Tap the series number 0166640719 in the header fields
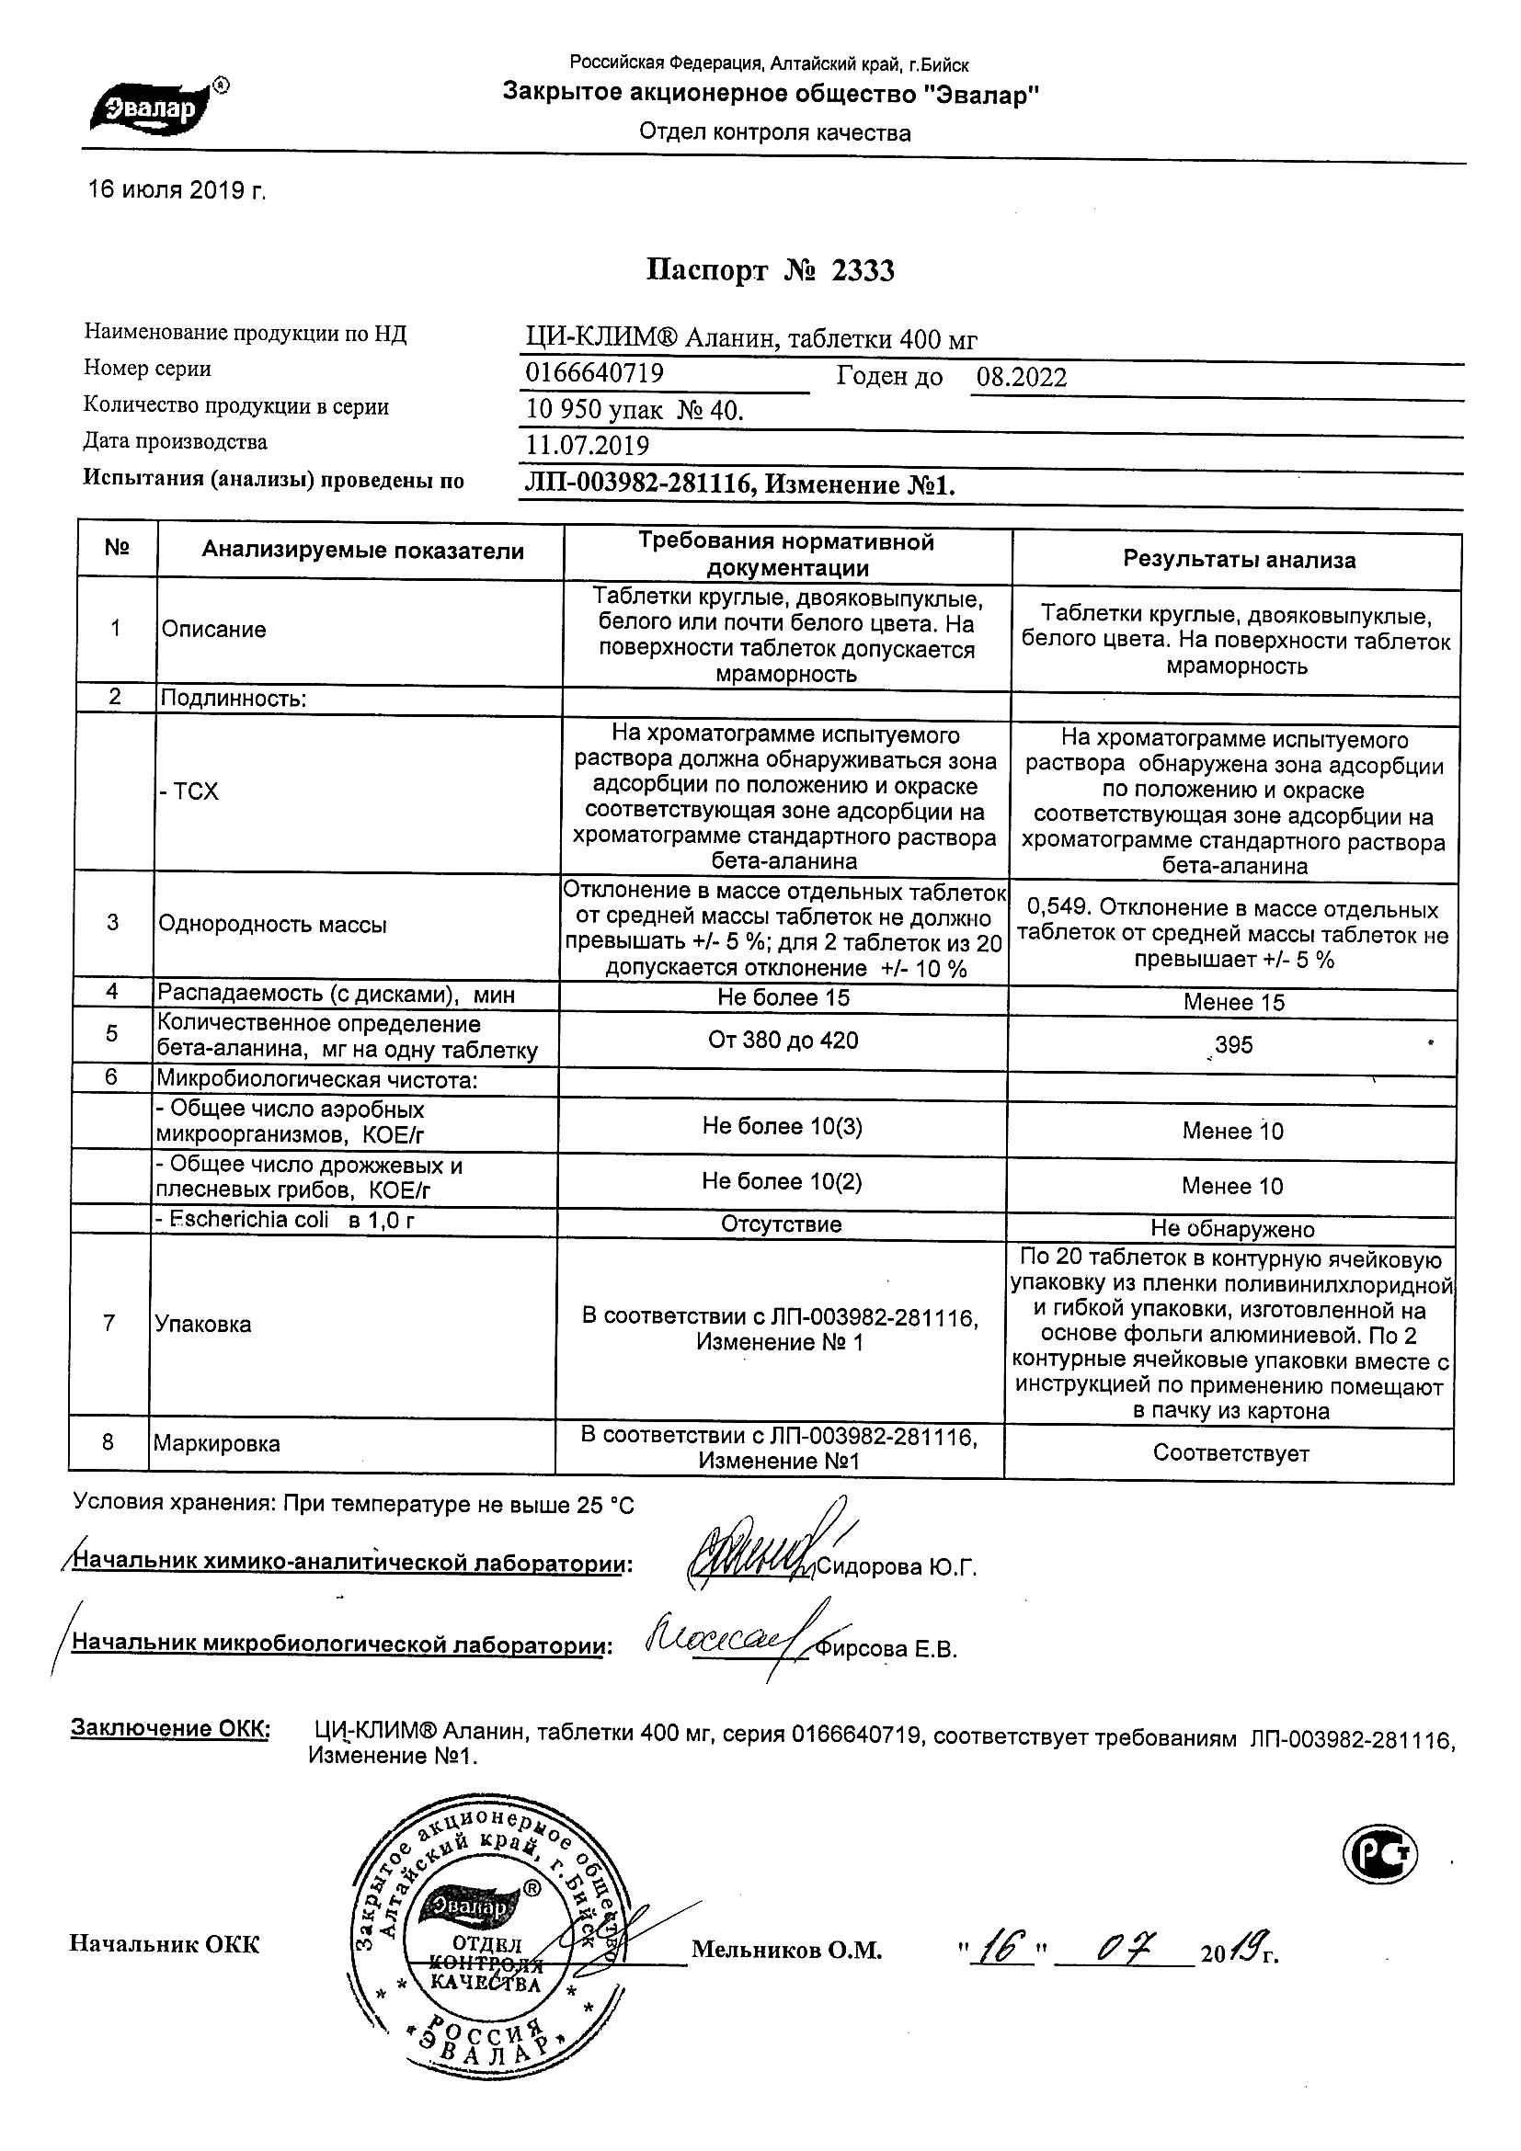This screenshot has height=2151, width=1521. [594, 374]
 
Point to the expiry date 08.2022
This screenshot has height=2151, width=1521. [1022, 377]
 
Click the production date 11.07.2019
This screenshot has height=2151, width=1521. [588, 445]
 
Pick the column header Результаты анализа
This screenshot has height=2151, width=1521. [1239, 560]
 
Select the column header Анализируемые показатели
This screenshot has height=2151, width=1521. [362, 551]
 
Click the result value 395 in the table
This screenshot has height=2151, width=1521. [1233, 1044]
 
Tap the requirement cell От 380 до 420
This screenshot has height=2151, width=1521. [783, 1040]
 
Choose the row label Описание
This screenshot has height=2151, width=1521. [213, 630]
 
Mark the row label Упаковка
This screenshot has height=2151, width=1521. [202, 1324]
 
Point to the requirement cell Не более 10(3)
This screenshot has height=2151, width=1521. [783, 1126]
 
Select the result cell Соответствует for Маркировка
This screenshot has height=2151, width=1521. [1230, 1453]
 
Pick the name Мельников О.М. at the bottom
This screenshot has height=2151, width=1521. [787, 1951]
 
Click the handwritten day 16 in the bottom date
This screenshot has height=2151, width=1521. [997, 1948]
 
